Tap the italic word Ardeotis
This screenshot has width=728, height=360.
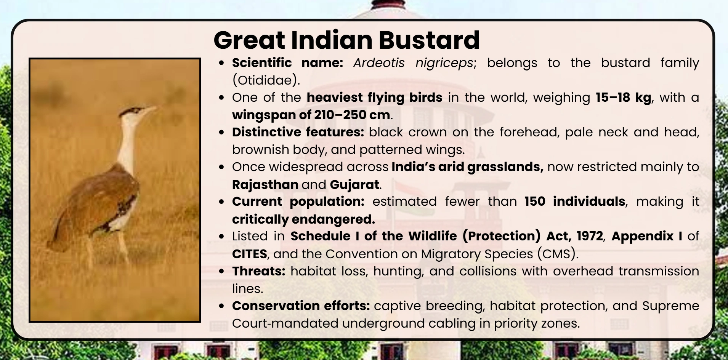click(378, 63)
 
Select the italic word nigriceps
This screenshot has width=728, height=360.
click(444, 63)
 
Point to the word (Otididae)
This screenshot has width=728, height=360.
click(266, 80)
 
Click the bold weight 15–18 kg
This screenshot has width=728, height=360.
click(623, 98)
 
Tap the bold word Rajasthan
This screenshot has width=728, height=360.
click(265, 184)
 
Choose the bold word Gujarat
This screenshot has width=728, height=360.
click(354, 184)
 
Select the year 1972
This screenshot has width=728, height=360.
click(589, 236)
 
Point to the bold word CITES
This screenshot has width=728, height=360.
click(249, 254)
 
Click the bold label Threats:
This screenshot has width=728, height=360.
click(258, 271)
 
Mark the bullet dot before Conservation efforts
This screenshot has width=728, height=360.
click(222, 306)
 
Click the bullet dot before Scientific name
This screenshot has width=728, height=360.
click(222, 63)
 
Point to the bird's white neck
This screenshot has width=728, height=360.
click(126, 145)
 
